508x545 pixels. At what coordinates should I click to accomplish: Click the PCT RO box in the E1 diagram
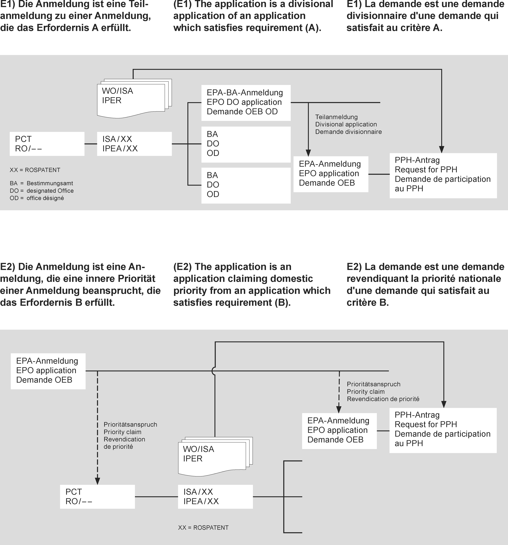[x=47, y=144]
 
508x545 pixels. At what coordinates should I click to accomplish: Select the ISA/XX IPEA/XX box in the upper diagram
[x=134, y=144]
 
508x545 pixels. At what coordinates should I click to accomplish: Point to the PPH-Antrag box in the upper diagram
[x=443, y=176]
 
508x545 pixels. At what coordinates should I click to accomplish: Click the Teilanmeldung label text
[x=336, y=117]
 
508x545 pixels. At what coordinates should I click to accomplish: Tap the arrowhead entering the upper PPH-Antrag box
[x=441, y=149]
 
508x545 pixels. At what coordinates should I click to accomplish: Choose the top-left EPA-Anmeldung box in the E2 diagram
[x=48, y=371]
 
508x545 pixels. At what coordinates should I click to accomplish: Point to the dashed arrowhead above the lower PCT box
[x=97, y=481]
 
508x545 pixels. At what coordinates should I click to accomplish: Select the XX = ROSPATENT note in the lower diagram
[x=203, y=527]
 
